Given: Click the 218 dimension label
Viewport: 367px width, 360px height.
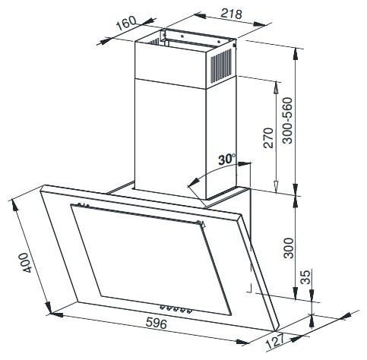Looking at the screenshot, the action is click(x=231, y=14).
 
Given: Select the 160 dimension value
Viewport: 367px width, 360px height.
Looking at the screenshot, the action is click(x=126, y=24).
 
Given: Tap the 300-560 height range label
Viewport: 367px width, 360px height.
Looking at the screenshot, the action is click(x=288, y=121).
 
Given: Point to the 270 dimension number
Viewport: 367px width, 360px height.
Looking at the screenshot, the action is click(x=269, y=138).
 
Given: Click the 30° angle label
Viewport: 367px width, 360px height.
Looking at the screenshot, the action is click(x=227, y=159).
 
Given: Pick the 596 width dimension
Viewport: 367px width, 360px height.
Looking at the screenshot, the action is click(x=157, y=324).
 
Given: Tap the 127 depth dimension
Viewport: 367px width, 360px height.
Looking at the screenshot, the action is click(x=275, y=341).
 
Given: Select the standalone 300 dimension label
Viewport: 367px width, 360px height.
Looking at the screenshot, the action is click(x=289, y=248).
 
